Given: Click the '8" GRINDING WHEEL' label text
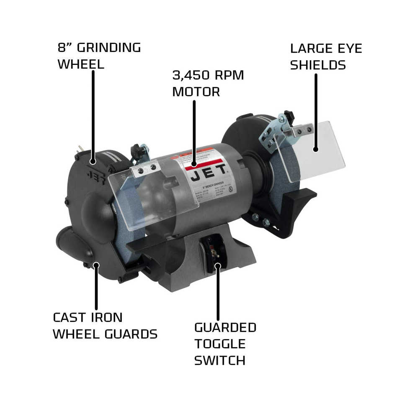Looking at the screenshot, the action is coord(99,56).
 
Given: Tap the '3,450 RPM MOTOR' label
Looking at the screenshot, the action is coord(208,83).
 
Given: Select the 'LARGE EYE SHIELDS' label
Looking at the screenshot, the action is coord(326,57).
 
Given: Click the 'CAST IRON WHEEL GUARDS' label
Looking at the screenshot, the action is coord(105,326).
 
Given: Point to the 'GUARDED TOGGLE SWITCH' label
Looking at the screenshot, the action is coord(225,343).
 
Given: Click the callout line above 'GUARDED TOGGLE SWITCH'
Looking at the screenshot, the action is coord(217,293).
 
